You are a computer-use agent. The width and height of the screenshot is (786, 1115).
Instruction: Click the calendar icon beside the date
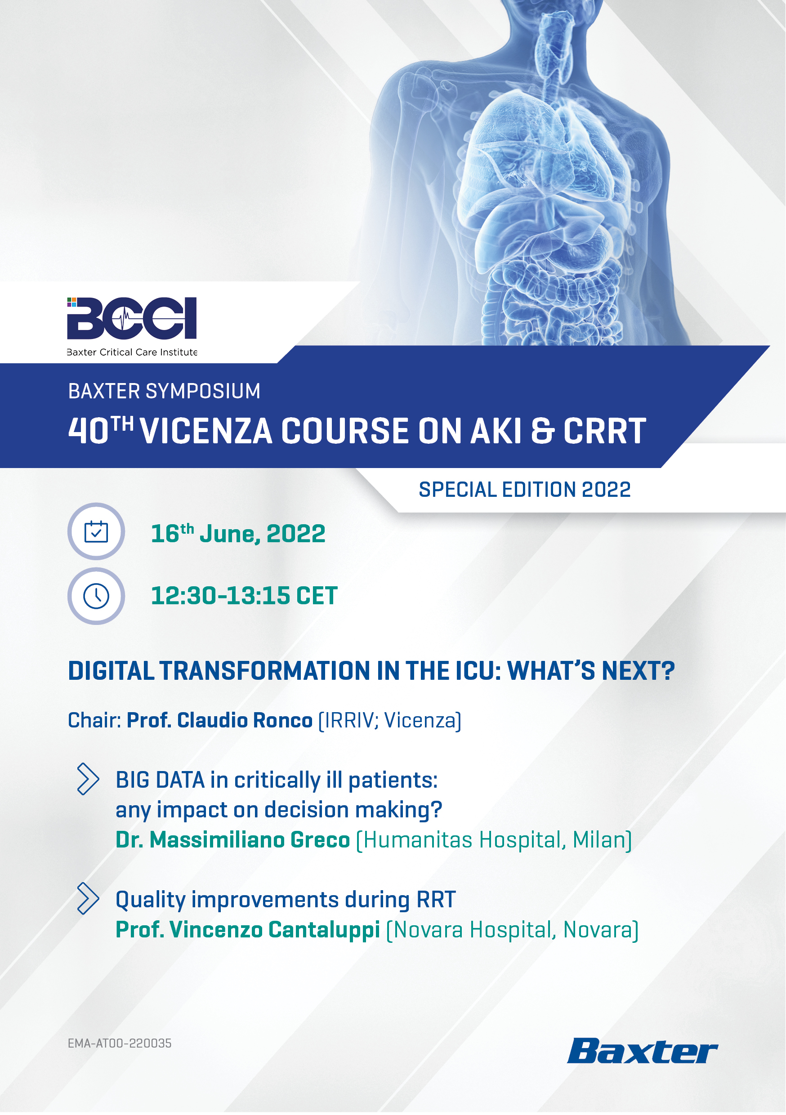(x=96, y=532)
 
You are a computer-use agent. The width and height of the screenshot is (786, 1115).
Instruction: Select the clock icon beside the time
(x=96, y=596)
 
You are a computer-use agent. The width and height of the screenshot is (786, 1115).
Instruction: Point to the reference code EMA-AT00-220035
(x=120, y=1043)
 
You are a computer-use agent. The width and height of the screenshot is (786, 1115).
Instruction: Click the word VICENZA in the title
(x=206, y=431)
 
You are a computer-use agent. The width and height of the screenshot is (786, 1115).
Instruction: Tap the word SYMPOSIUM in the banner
(x=203, y=391)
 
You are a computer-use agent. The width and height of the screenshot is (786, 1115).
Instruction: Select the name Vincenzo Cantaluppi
(x=274, y=930)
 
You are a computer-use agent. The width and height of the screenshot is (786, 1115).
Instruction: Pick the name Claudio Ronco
(x=245, y=720)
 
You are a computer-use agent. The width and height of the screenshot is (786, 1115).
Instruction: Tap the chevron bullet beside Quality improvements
(x=88, y=898)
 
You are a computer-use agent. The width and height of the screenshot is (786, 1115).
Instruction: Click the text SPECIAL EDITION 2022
(x=525, y=490)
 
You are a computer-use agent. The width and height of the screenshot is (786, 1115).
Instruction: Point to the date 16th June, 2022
(x=238, y=533)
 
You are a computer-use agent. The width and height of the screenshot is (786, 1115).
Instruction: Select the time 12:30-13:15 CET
(x=244, y=596)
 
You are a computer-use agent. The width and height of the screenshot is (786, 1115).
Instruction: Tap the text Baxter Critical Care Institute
(x=132, y=352)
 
